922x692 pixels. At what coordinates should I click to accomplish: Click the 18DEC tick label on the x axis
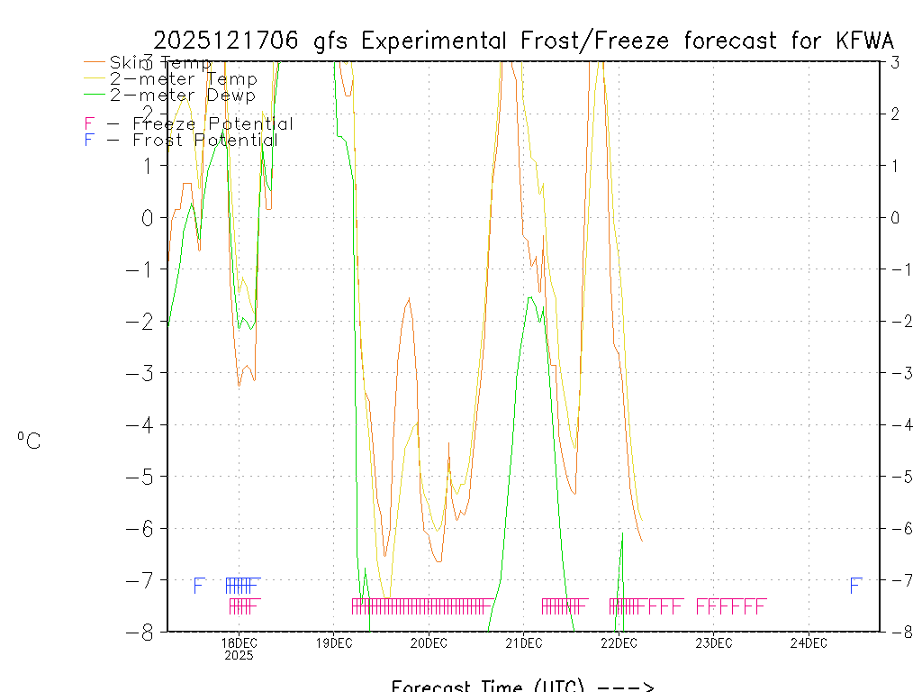click(x=239, y=642)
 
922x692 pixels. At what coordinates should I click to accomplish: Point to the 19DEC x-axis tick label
click(x=333, y=642)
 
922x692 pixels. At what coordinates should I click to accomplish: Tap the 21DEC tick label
click(x=523, y=642)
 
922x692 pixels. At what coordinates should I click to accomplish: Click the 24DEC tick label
click(x=809, y=642)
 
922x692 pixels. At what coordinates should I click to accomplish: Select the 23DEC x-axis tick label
click(x=713, y=642)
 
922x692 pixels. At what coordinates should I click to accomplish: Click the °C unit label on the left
click(x=29, y=441)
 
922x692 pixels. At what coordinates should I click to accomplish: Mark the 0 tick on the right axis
click(x=895, y=217)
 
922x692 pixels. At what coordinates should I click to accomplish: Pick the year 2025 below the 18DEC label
click(x=239, y=656)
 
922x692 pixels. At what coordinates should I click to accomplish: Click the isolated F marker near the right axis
click(x=855, y=586)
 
